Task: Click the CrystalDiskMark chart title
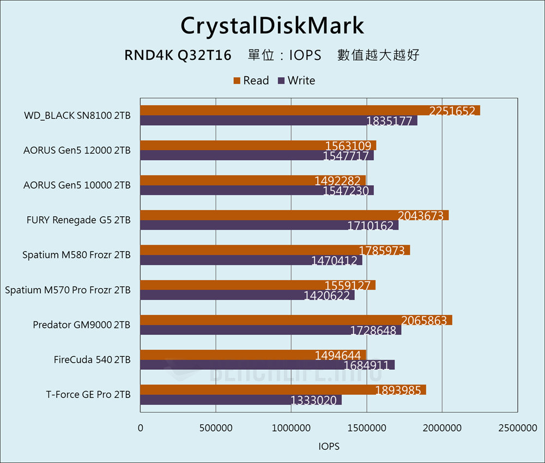(x=272, y=26)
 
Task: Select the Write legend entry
(x=296, y=81)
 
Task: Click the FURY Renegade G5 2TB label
(x=78, y=220)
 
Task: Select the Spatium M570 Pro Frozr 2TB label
(x=68, y=290)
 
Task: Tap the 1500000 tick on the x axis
(x=367, y=428)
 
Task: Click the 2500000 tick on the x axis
(x=517, y=428)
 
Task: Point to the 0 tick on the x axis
(x=141, y=428)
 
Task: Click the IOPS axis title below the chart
(x=329, y=447)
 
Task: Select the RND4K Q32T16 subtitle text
(x=178, y=55)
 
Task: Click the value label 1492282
(x=340, y=180)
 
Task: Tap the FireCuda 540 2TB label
(x=92, y=360)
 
